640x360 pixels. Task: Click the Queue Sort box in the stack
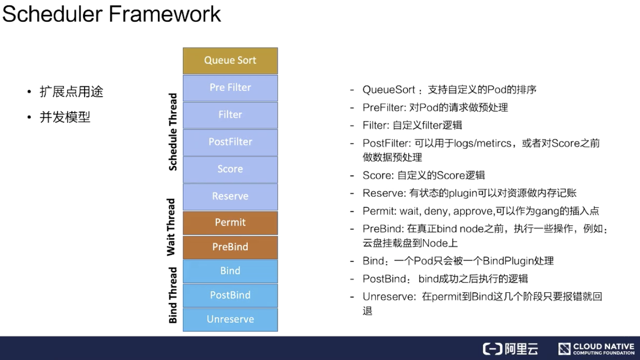pyautogui.click(x=230, y=60)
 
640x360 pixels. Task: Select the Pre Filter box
pyautogui.click(x=230, y=88)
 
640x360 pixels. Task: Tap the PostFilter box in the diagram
pyautogui.click(x=230, y=142)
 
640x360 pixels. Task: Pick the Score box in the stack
pyautogui.click(x=230, y=169)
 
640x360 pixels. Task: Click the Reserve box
pyautogui.click(x=230, y=196)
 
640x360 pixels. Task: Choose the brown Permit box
pyautogui.click(x=230, y=223)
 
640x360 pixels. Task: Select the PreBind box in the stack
pyautogui.click(x=230, y=247)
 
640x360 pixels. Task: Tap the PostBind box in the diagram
pyautogui.click(x=230, y=295)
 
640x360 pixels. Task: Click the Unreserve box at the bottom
pyautogui.click(x=230, y=319)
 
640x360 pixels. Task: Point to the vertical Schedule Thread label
pyautogui.click(x=173, y=132)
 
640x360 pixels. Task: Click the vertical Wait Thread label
pyautogui.click(x=171, y=227)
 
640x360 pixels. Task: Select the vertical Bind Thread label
pyautogui.click(x=173, y=295)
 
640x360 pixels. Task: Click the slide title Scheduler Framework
pyautogui.click(x=111, y=14)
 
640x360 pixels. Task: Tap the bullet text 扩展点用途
pyautogui.click(x=71, y=92)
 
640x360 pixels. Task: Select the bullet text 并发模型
pyautogui.click(x=65, y=117)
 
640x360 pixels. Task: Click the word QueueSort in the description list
pyautogui.click(x=389, y=90)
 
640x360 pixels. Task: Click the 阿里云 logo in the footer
pyautogui.click(x=510, y=349)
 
